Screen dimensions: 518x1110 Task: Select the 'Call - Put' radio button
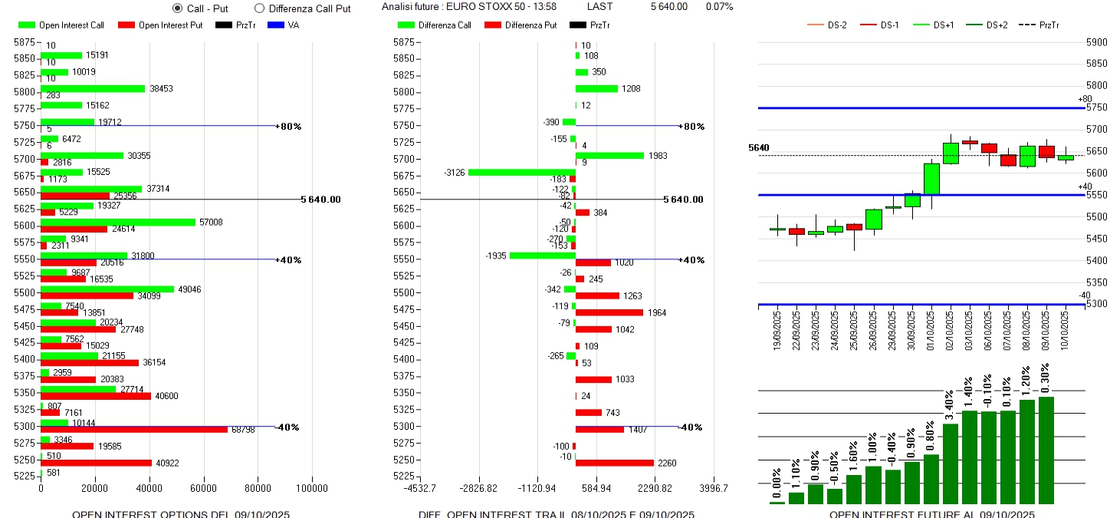click(x=178, y=8)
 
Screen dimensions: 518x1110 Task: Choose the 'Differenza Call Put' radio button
click(x=259, y=8)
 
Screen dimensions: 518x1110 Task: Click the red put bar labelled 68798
click(x=134, y=429)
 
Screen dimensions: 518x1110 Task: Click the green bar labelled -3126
click(x=521, y=172)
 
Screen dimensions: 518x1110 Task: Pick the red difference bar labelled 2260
click(x=614, y=463)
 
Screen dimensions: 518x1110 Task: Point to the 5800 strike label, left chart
click(x=24, y=92)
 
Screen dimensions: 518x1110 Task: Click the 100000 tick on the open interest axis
click(x=312, y=488)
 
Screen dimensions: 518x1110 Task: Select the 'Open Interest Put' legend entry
click(x=160, y=25)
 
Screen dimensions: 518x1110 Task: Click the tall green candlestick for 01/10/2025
click(x=931, y=178)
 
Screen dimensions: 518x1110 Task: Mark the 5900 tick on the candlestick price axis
click(x=1097, y=42)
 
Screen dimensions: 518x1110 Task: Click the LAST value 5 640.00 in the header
click(x=668, y=7)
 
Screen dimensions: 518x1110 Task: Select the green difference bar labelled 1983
click(x=609, y=155)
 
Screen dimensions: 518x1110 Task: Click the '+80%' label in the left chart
click(x=289, y=126)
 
